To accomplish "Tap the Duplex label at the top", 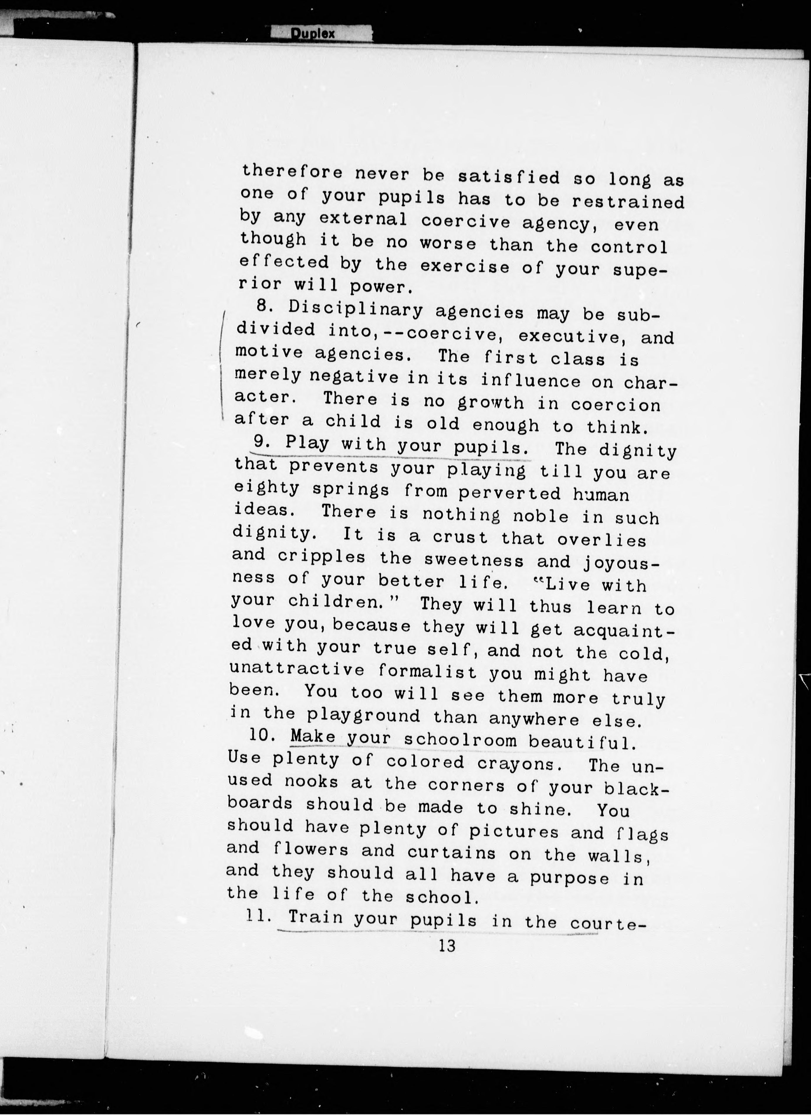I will pyautogui.click(x=312, y=33).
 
